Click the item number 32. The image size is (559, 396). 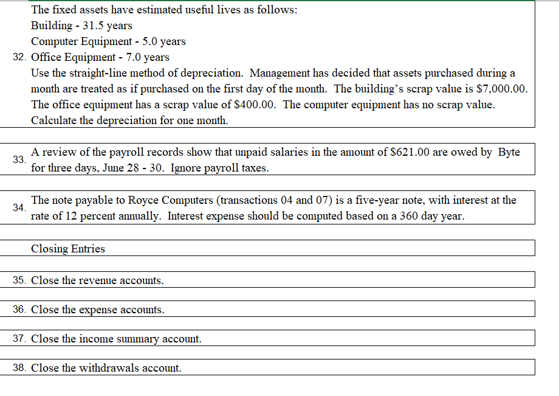[x=19, y=58]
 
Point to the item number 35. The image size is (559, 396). [x=19, y=280]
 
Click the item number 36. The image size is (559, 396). [x=19, y=310]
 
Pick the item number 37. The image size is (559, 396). [x=19, y=339]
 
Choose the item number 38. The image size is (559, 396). [x=19, y=368]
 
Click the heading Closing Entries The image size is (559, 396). [x=68, y=249]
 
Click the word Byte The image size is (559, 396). [x=509, y=152]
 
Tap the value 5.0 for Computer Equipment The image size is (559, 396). [x=143, y=41]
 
